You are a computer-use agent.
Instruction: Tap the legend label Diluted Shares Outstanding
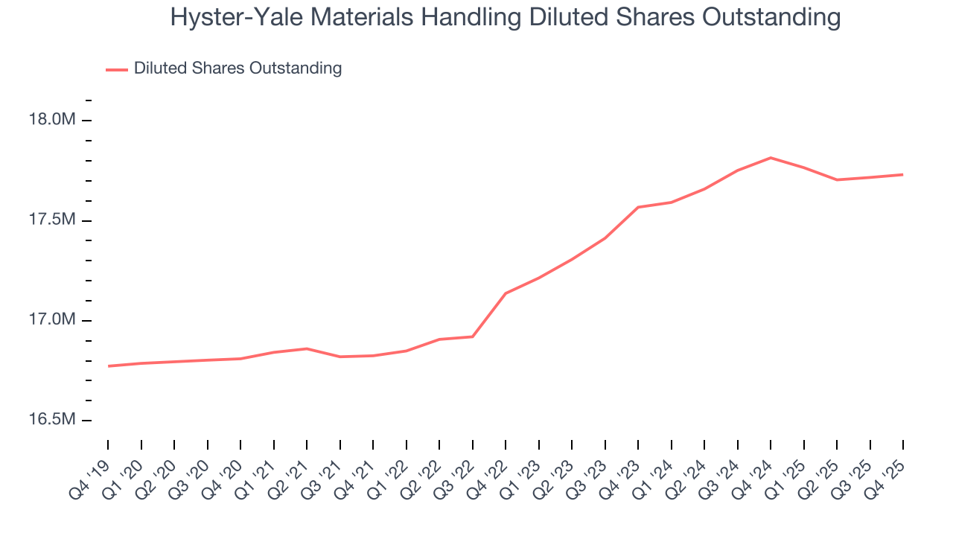click(238, 68)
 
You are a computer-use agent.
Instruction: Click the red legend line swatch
click(117, 69)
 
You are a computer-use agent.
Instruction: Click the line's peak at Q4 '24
click(771, 158)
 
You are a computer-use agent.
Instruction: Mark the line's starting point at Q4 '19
click(109, 366)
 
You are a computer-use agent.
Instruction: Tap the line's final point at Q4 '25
click(903, 175)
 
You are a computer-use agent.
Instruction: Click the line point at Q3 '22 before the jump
click(473, 336)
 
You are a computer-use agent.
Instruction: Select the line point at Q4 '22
click(506, 293)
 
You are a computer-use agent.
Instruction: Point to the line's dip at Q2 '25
click(837, 179)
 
